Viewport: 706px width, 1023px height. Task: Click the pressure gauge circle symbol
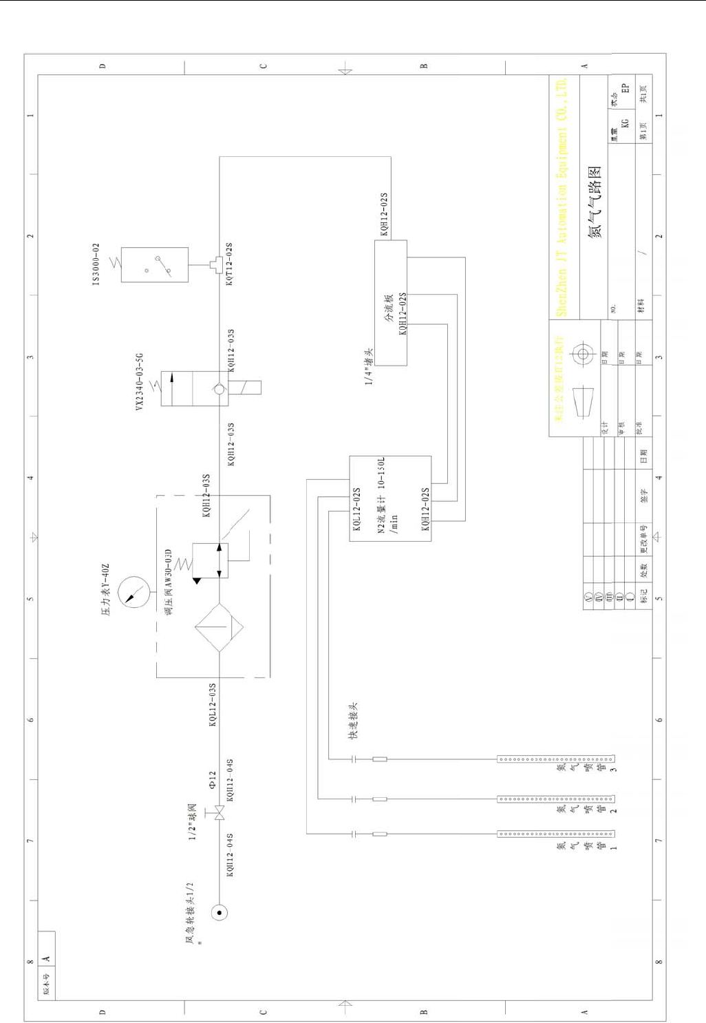pyautogui.click(x=133, y=592)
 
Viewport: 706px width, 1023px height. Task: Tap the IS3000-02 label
pyautogui.click(x=96, y=264)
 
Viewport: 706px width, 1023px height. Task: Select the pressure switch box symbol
pyautogui.click(x=154, y=264)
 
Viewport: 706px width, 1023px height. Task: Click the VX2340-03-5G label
pyautogui.click(x=140, y=382)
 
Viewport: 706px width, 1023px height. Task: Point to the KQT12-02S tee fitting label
pyautogui.click(x=229, y=263)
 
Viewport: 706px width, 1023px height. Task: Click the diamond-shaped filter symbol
pyautogui.click(x=219, y=628)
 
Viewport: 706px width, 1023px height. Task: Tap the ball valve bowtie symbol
pyautogui.click(x=220, y=813)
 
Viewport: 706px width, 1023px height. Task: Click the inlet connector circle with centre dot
pyautogui.click(x=220, y=913)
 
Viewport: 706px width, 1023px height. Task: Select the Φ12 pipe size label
pyautogui.click(x=213, y=779)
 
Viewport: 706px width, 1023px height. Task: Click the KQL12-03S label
pyautogui.click(x=213, y=704)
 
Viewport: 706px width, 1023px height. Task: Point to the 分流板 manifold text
pyautogui.click(x=389, y=308)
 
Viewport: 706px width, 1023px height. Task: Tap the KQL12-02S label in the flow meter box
pyautogui.click(x=356, y=509)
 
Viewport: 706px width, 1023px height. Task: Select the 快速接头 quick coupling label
pyautogui.click(x=353, y=721)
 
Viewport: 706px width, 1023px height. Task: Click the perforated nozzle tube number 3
pyautogui.click(x=555, y=759)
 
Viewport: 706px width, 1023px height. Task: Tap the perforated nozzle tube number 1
pyautogui.click(x=555, y=834)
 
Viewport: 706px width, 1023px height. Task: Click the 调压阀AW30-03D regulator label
pyautogui.click(x=169, y=581)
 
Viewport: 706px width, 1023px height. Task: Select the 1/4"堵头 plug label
pyautogui.click(x=369, y=366)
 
